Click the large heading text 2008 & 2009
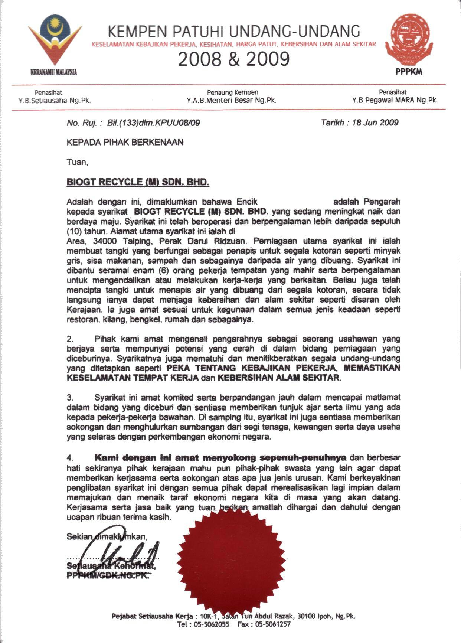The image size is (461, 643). coord(233,59)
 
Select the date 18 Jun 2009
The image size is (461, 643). coord(375,123)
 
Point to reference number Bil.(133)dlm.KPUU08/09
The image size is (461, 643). coord(153,123)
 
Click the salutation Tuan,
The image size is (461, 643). coord(77,162)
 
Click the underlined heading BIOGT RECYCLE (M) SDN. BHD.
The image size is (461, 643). coord(138,182)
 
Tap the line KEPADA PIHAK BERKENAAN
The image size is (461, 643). coord(125,142)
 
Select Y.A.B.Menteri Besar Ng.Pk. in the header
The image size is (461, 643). coord(232,100)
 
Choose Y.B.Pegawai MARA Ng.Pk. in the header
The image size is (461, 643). coord(395,100)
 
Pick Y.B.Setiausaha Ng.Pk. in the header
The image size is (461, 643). coord(55,100)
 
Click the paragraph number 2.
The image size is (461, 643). coord(70,339)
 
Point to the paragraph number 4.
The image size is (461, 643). coord(70,458)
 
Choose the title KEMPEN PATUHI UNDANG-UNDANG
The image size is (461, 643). coord(233,32)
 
